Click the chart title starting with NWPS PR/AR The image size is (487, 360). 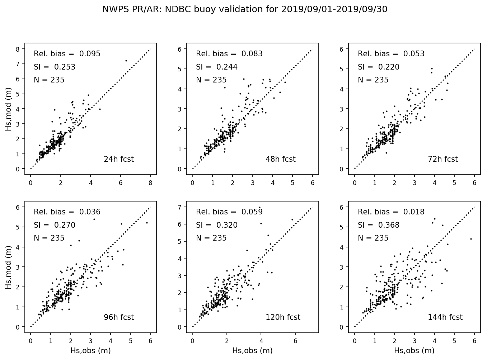(245, 9)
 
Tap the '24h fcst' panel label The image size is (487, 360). (118, 159)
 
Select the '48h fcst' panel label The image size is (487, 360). (280, 159)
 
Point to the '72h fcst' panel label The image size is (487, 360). (442, 159)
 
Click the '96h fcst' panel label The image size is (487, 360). (118, 317)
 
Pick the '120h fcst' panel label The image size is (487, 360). (283, 317)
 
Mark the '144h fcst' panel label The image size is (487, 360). (445, 317)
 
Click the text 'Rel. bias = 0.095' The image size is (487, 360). (67, 54)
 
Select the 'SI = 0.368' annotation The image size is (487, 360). (378, 225)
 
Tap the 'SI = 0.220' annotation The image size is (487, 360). (378, 67)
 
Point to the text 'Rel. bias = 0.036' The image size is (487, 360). (67, 212)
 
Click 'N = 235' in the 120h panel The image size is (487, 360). (211, 238)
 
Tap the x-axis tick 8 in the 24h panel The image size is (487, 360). (150, 183)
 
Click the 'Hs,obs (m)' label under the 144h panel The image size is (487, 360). (414, 351)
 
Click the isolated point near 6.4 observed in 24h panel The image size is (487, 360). (126, 61)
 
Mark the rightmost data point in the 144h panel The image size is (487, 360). (471, 239)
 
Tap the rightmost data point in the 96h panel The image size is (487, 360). (147, 223)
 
